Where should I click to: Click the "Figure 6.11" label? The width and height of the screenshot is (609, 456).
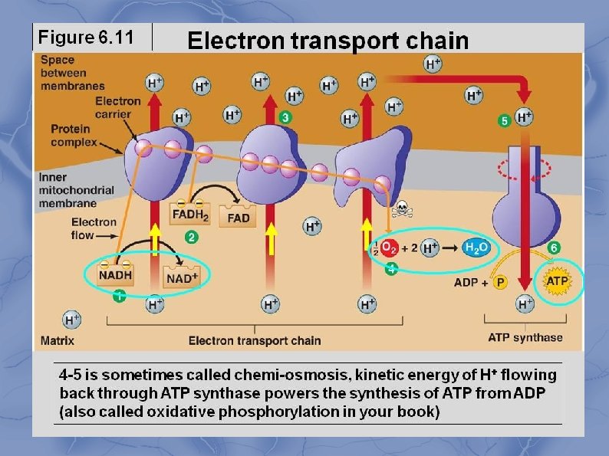pos(86,38)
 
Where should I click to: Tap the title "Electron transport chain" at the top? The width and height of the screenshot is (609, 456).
pos(328,41)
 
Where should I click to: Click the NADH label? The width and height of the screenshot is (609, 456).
pos(115,275)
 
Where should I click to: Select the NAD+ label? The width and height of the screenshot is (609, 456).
pos(182,277)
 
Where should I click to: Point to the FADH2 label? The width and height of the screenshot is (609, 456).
pos(190,216)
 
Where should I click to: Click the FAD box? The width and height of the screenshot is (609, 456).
pos(238,218)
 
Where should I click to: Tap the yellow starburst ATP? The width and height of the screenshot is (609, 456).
pos(557,281)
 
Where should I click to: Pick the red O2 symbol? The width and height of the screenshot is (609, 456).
pos(389,248)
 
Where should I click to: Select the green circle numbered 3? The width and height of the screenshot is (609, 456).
pos(285,118)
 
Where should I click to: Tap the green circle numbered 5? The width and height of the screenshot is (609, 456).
pos(504,120)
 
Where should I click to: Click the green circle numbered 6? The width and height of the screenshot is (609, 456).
pos(554,248)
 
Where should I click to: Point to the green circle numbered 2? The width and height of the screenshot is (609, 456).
pos(191,238)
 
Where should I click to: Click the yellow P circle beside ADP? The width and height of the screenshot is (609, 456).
pos(500,282)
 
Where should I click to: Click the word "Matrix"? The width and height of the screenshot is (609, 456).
pos(57,340)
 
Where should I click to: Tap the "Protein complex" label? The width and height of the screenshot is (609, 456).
pos(74,135)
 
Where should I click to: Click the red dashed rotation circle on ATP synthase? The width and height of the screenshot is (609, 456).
pos(524,169)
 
